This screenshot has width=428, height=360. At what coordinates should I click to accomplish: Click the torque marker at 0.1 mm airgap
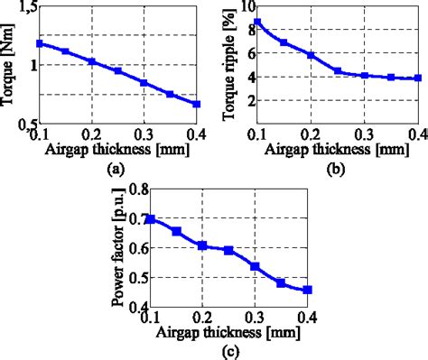[39, 43]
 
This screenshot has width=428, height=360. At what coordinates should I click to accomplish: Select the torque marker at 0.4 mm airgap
[197, 104]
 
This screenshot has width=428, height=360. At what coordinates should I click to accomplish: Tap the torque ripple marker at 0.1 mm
[257, 22]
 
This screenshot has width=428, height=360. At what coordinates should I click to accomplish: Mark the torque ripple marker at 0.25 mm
[337, 70]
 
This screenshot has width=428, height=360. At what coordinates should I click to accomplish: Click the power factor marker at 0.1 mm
[151, 219]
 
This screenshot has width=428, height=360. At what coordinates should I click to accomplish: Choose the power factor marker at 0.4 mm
[307, 290]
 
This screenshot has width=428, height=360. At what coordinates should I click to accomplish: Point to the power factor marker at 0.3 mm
[256, 266]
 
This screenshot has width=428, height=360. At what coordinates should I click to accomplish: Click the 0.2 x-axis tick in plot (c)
[202, 317]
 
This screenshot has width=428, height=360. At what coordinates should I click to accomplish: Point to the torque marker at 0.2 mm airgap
[91, 61]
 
